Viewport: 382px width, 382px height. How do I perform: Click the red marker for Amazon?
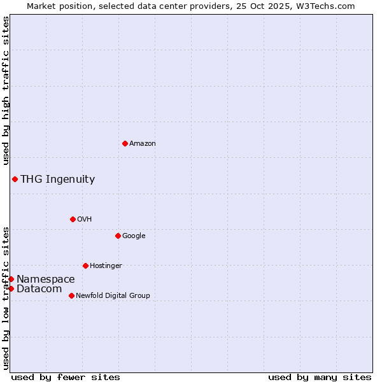tap(125, 143)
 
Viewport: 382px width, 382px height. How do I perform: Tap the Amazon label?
tap(143, 144)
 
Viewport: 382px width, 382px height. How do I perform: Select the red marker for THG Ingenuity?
tap(15, 179)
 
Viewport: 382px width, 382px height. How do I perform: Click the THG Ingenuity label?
tap(58, 180)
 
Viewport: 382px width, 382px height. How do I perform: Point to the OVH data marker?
tap(73, 219)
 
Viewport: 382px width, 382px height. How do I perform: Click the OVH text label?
tap(85, 220)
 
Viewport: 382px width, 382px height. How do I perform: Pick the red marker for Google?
tap(118, 236)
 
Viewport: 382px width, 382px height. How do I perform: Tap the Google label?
tap(134, 236)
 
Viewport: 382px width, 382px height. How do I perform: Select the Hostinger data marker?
tap(85, 265)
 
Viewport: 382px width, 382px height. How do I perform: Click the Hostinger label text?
tap(106, 266)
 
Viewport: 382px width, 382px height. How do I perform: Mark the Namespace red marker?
tap(11, 279)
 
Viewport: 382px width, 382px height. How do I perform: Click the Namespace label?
tap(46, 279)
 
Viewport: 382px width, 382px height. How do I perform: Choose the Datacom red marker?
tap(11, 288)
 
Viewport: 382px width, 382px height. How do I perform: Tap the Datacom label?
tap(39, 289)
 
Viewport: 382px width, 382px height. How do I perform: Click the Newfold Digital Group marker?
tap(71, 295)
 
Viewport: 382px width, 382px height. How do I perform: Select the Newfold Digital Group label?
tap(113, 296)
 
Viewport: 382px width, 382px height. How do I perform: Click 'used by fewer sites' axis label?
tap(66, 378)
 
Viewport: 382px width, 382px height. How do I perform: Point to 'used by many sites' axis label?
tap(320, 378)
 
